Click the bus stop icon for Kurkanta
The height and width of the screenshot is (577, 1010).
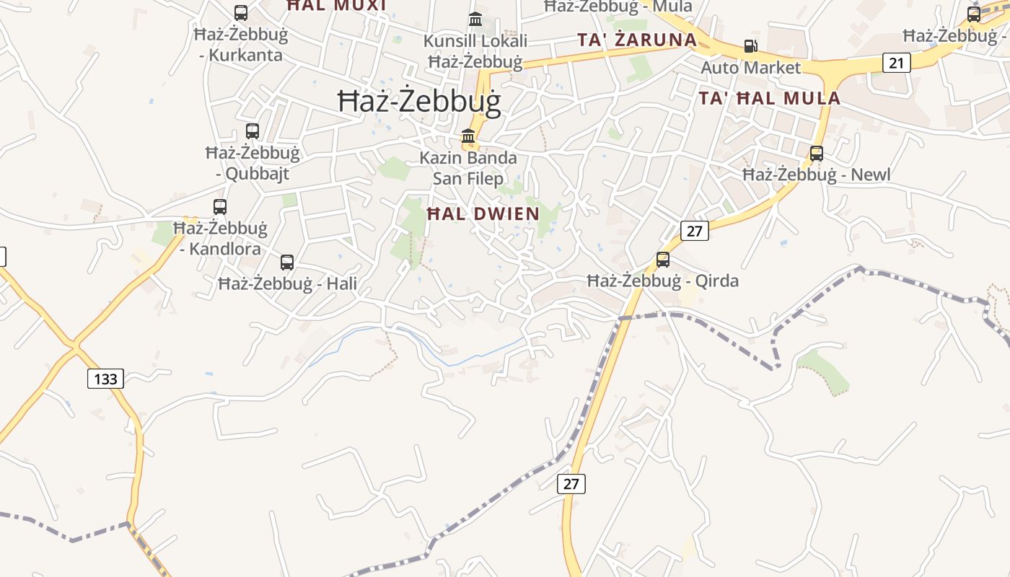click(x=241, y=13)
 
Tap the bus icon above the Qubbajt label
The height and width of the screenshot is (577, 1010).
click(x=252, y=131)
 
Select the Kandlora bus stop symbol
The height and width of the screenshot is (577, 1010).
click(x=220, y=207)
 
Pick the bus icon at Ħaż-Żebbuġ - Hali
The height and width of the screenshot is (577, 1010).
click(x=287, y=263)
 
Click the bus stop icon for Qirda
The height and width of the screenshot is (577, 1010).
click(x=662, y=260)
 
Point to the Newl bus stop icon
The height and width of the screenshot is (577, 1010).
click(x=817, y=154)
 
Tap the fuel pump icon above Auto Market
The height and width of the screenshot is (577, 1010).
click(x=750, y=46)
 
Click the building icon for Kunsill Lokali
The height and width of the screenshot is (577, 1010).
click(x=475, y=19)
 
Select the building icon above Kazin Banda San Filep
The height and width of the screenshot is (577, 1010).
click(x=468, y=136)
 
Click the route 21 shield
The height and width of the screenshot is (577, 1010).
click(x=896, y=63)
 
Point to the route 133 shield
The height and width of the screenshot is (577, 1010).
click(x=105, y=378)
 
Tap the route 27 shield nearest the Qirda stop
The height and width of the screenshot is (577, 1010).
click(x=694, y=231)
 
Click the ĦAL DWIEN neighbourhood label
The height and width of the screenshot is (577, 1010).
click(x=483, y=213)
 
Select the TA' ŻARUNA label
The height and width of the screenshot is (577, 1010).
click(x=636, y=40)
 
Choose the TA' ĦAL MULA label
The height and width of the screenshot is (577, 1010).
click(x=769, y=98)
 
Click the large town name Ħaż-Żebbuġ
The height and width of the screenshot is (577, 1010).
click(x=419, y=102)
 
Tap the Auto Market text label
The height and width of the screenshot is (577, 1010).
click(x=751, y=68)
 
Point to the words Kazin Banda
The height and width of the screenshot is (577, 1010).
click(x=468, y=157)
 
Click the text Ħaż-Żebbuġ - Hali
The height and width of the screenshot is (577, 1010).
click(x=287, y=283)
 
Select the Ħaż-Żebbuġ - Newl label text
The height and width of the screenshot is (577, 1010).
click(x=817, y=175)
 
